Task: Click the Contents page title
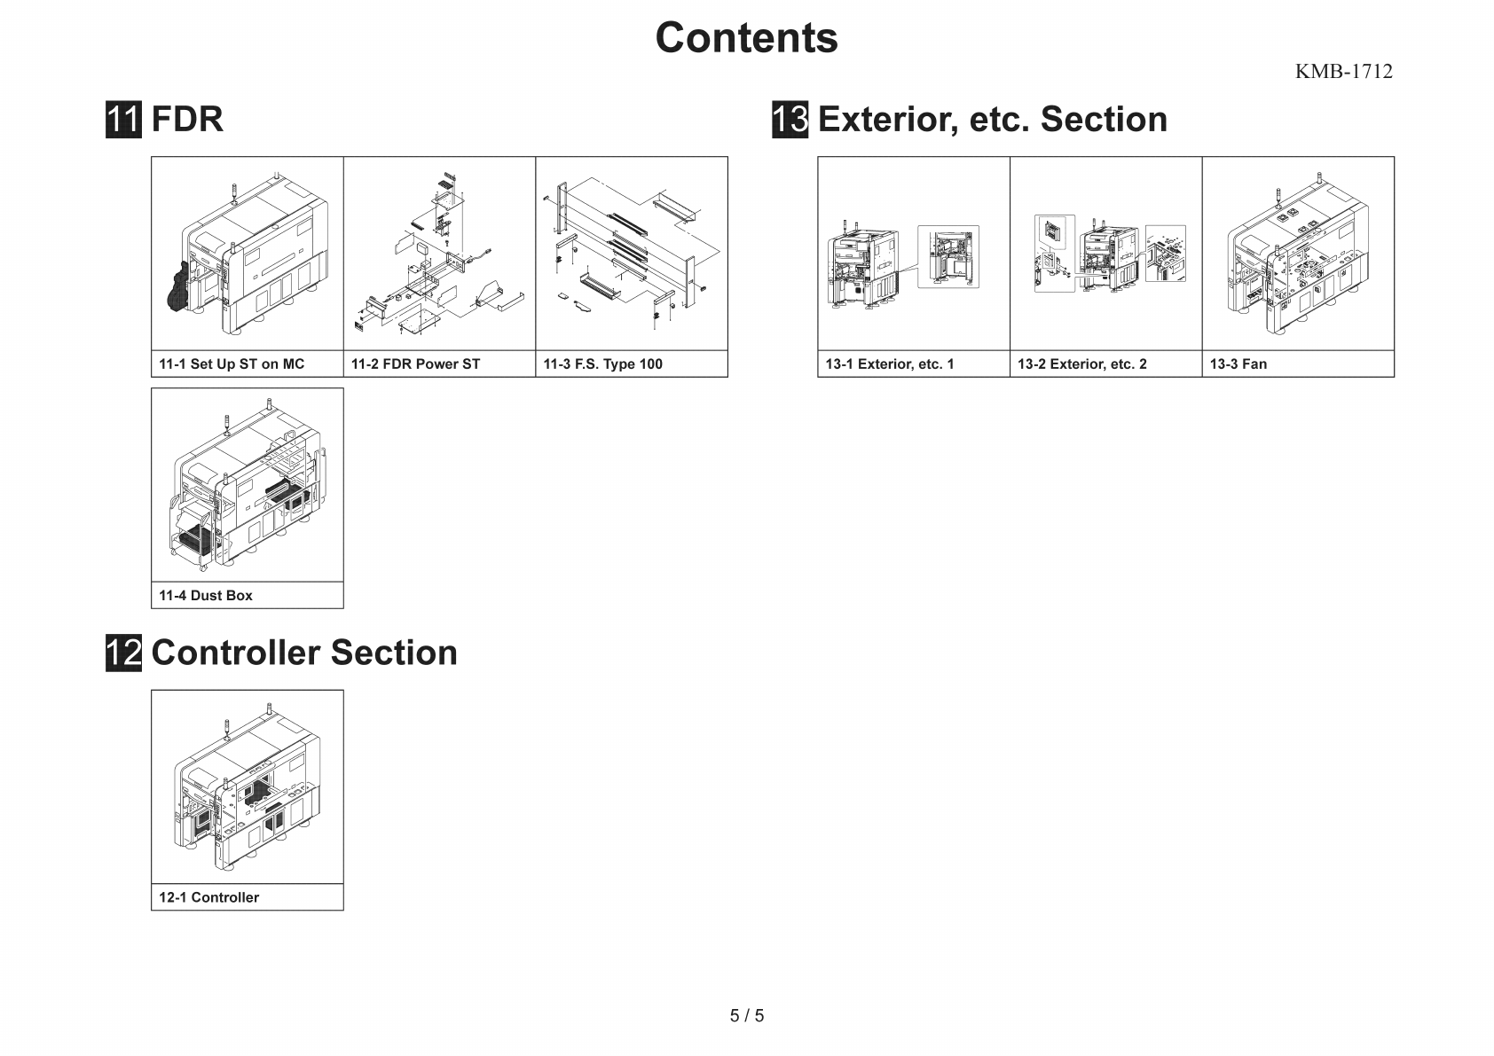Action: click(746, 38)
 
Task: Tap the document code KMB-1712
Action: click(1343, 72)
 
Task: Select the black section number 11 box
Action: click(123, 120)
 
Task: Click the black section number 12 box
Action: click(123, 653)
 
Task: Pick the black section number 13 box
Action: click(790, 120)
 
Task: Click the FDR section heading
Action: click(187, 120)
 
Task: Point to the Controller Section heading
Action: click(304, 653)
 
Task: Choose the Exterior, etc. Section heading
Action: click(992, 120)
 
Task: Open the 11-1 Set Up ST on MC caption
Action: click(232, 364)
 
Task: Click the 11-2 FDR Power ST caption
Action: click(415, 364)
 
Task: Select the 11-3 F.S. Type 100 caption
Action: click(602, 364)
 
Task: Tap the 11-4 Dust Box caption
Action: click(206, 596)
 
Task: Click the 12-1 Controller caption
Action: click(209, 897)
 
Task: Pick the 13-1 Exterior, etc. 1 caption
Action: click(890, 364)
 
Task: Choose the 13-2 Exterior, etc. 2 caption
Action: click(1081, 364)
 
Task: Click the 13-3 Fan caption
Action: click(1238, 364)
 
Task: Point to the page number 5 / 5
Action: click(746, 1016)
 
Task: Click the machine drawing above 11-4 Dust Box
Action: click(247, 485)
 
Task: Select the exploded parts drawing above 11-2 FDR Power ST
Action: click(439, 254)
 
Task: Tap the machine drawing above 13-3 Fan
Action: click(1298, 254)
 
